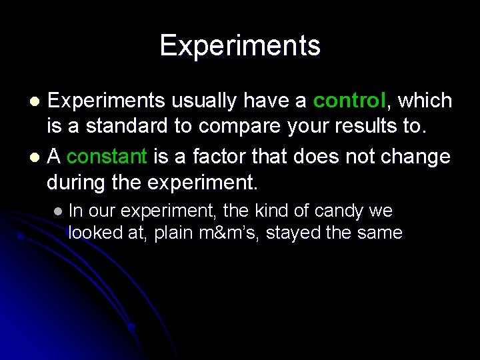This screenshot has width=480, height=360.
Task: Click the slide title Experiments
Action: pyautogui.click(x=240, y=46)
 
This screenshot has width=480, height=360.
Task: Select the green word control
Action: pyautogui.click(x=349, y=101)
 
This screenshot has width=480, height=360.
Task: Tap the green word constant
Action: pyautogui.click(x=107, y=157)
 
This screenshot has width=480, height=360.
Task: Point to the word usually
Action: pyautogui.click(x=203, y=101)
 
